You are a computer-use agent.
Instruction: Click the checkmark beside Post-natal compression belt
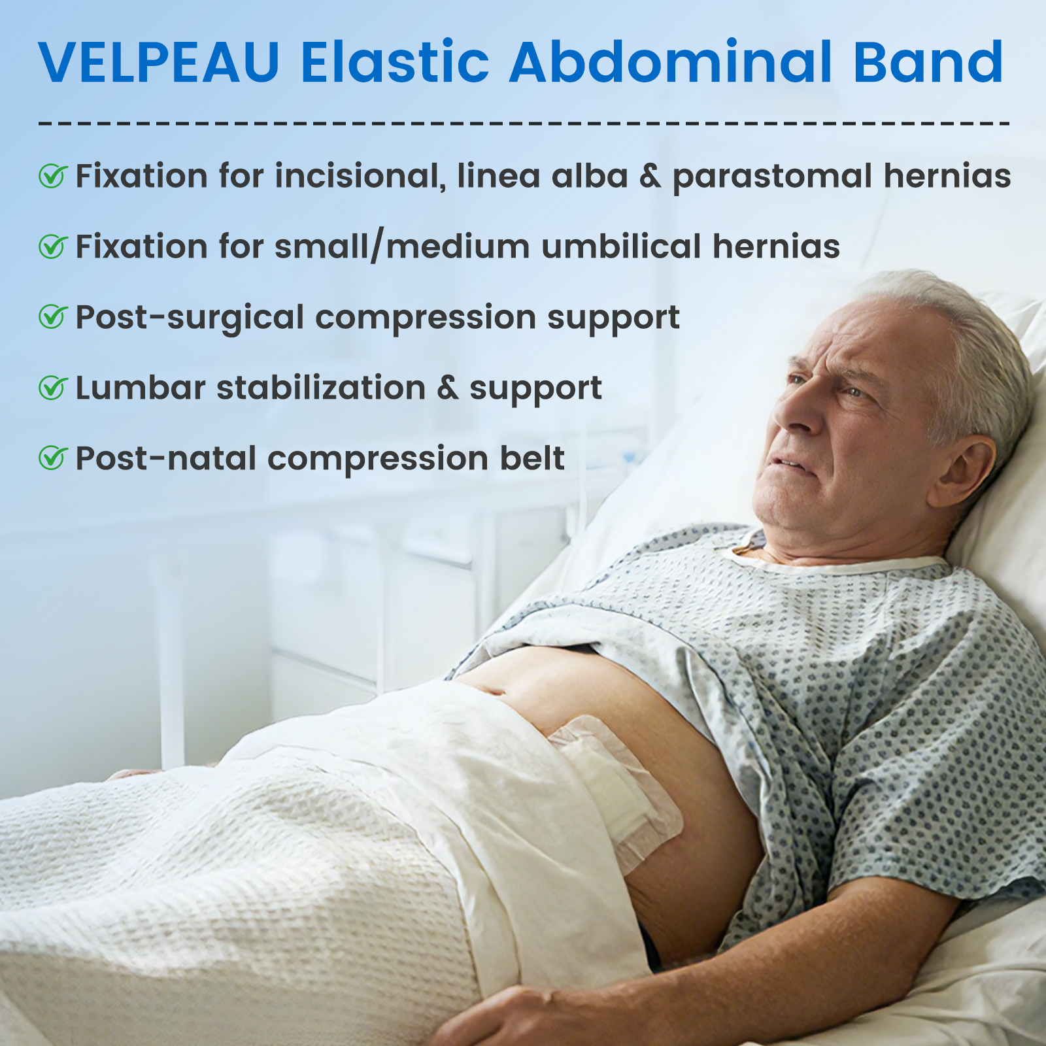tap(53, 458)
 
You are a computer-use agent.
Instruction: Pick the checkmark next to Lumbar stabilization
tap(53, 387)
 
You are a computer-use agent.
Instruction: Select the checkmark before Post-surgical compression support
tap(53, 316)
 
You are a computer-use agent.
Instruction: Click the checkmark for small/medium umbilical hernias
tap(53, 246)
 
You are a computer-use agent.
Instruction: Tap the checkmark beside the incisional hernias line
tap(53, 175)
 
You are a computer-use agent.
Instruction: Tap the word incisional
tap(360, 177)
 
